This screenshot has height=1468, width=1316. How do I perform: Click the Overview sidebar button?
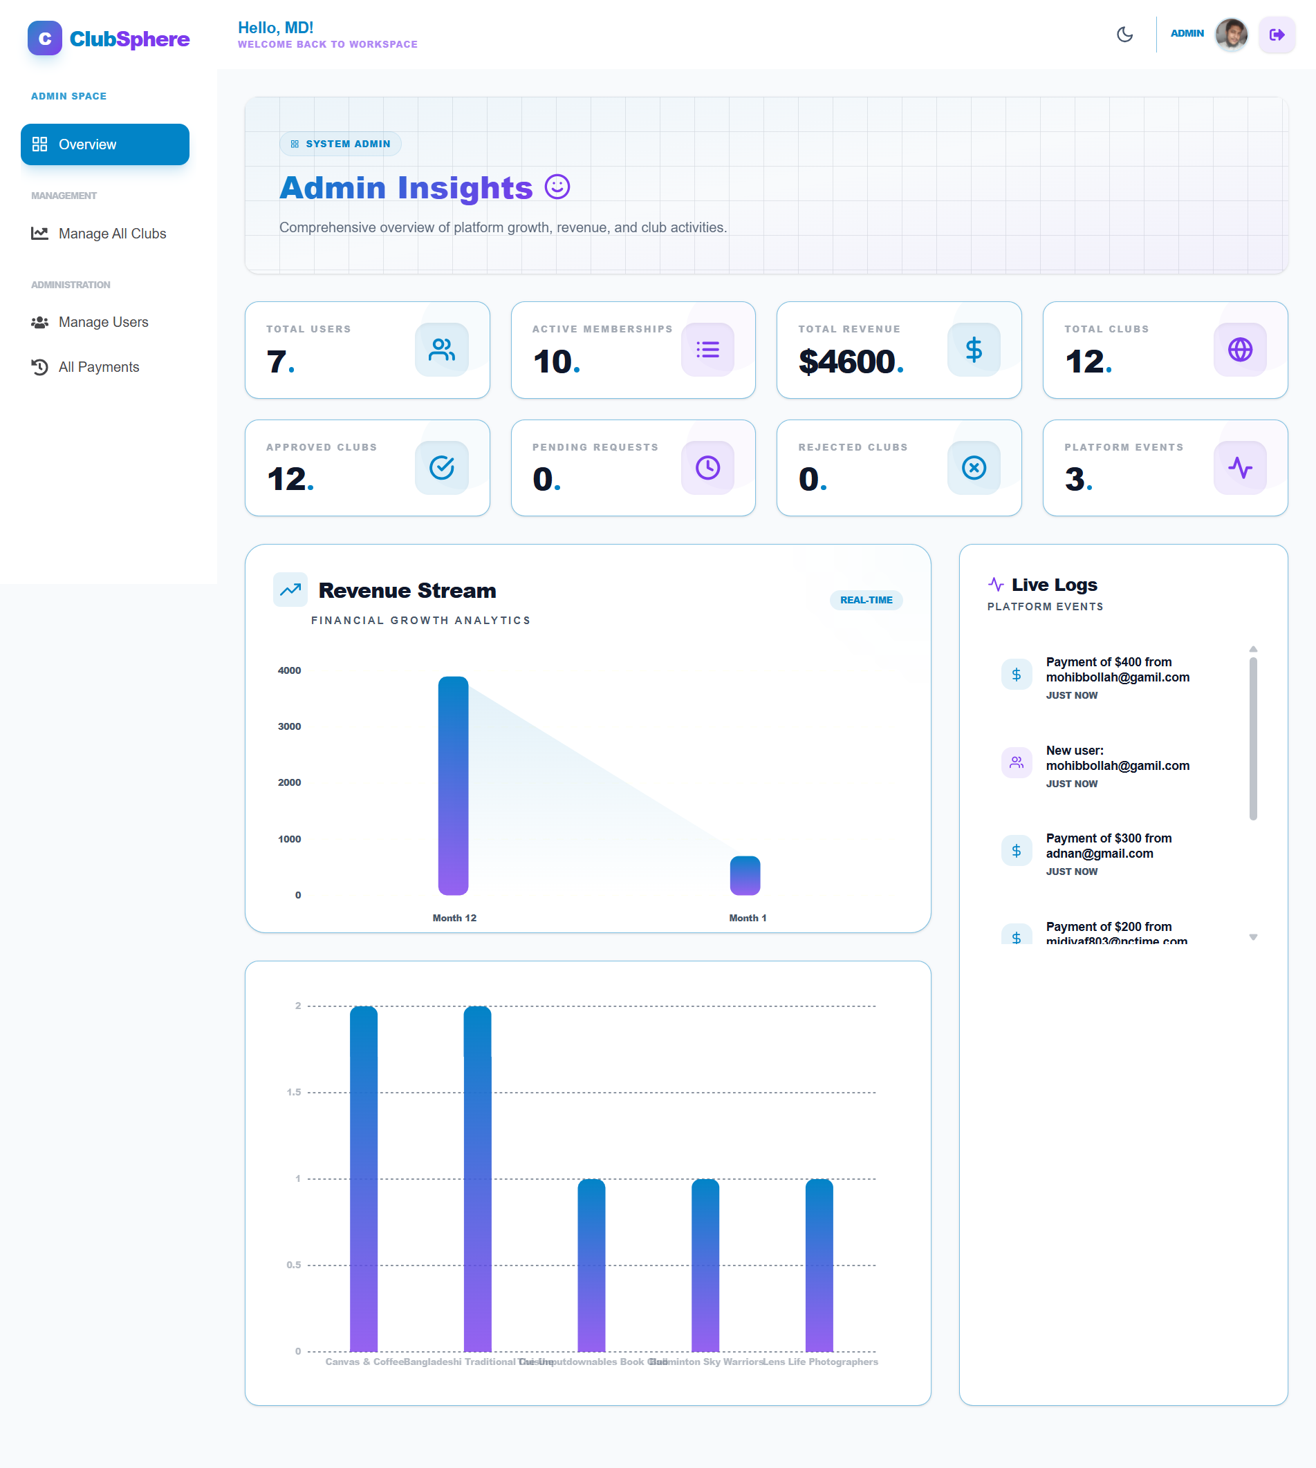pos(105,144)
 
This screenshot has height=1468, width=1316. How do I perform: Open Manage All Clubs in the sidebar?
pos(112,234)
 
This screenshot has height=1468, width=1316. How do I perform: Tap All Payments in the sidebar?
pos(98,367)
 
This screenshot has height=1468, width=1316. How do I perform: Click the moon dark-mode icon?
pos(1124,35)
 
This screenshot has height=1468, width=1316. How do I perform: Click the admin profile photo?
pos(1231,35)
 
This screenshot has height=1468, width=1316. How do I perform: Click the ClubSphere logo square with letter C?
pos(45,38)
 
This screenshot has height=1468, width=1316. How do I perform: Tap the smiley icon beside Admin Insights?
pos(557,187)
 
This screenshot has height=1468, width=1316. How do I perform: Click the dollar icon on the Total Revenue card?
pos(973,350)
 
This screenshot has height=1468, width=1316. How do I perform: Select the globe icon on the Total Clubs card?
pos(1239,350)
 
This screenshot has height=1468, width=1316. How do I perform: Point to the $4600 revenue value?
pos(846,361)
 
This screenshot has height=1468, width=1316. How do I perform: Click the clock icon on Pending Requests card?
pos(707,468)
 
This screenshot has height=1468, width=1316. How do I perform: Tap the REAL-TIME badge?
pos(866,600)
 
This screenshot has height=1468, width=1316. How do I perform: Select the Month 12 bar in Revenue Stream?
pos(454,786)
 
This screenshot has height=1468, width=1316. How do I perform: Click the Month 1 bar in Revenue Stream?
pos(745,875)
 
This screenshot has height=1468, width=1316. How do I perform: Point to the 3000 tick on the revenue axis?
pos(289,726)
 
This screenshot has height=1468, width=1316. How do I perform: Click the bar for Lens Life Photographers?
pos(819,1265)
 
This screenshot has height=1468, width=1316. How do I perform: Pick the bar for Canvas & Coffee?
pos(364,1178)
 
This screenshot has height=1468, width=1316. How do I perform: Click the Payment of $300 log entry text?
pos(1108,846)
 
